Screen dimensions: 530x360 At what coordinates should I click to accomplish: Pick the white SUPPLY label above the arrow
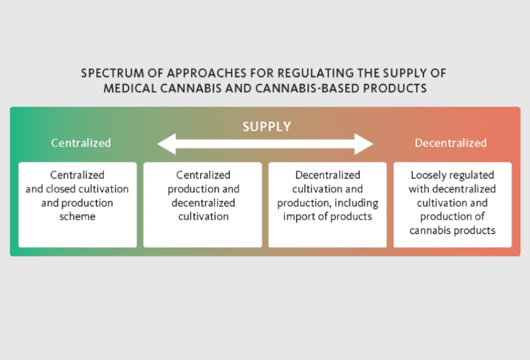point(266,127)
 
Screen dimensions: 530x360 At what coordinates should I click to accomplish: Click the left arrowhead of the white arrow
point(167,144)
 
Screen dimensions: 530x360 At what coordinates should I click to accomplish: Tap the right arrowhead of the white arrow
point(364,144)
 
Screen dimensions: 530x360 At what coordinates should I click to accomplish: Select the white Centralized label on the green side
point(81,143)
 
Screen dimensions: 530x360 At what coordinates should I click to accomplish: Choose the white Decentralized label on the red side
point(451,143)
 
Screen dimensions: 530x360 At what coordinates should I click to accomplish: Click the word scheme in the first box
point(78,217)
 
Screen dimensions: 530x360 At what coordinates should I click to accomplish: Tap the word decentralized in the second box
point(203,203)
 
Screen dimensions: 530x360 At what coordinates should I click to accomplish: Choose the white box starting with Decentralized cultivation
point(328,205)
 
